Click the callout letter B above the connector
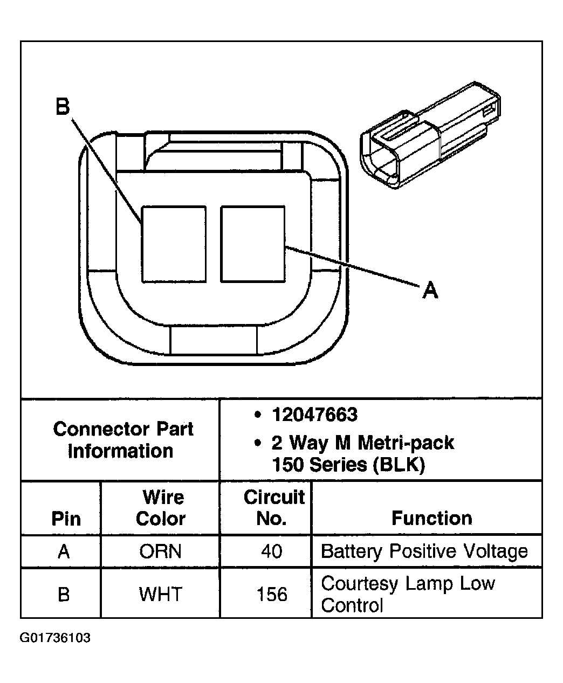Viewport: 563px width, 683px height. click(63, 107)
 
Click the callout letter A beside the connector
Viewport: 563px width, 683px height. click(430, 291)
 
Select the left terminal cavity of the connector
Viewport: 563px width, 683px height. click(174, 244)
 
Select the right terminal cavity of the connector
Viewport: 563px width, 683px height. click(252, 244)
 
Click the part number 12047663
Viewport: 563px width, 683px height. click(314, 415)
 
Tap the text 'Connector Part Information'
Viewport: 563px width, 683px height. click(123, 440)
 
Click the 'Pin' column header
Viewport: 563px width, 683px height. click(66, 519)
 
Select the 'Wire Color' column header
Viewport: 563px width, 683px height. click(160, 508)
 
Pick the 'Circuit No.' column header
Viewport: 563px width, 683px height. click(273, 508)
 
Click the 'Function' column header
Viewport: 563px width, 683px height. click(431, 519)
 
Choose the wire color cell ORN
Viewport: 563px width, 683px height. click(160, 551)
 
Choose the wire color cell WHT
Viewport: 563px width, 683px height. click(160, 595)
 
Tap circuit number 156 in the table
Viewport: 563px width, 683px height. click(272, 595)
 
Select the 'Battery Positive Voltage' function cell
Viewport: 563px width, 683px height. click(424, 551)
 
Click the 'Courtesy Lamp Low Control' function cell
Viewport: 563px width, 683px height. click(408, 594)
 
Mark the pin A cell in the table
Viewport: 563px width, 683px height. click(64, 551)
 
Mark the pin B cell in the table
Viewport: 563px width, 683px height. click(64, 595)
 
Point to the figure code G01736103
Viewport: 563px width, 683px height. click(56, 638)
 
